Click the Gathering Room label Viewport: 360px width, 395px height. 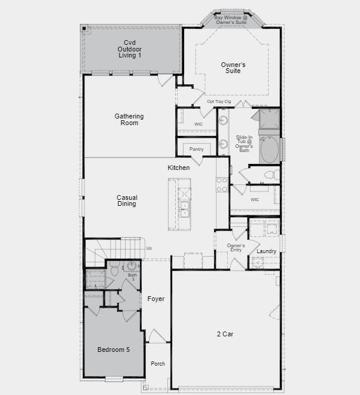pos(129,120)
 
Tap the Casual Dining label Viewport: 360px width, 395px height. pos(127,200)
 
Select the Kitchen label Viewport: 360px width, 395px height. pos(178,168)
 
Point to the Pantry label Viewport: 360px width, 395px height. pos(196,149)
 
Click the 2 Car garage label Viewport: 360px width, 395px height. pos(225,334)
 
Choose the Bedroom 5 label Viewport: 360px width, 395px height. pos(114,350)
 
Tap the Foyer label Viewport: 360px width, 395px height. pos(156,299)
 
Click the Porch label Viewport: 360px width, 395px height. pos(158,363)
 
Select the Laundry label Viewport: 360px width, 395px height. pos(266,251)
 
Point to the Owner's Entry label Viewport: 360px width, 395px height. pos(236,248)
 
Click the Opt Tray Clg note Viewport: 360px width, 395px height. pos(219,102)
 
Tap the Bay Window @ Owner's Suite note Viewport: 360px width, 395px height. pos(231,20)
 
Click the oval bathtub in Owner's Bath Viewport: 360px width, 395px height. pos(269,150)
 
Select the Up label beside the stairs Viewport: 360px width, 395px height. pos(149,248)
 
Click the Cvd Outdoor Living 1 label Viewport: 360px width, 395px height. pos(130,49)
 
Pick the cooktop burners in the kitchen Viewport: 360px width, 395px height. pos(222,185)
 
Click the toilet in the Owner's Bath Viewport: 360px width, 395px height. pos(272,175)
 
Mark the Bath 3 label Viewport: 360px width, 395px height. pos(132,277)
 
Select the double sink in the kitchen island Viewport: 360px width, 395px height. pos(185,209)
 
